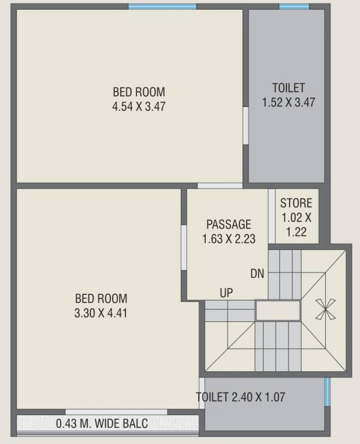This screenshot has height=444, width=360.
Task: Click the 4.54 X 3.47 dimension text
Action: point(139,106)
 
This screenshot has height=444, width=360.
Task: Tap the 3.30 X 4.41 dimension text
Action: point(101,314)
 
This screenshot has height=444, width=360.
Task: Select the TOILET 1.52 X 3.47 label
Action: point(288,95)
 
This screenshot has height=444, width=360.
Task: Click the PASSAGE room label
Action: point(229,224)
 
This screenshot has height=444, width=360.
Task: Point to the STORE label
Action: point(296,203)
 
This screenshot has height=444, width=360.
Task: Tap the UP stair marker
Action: point(226,293)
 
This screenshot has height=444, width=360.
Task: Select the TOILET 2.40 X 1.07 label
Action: point(240,397)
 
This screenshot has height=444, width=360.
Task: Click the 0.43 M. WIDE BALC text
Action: point(102,424)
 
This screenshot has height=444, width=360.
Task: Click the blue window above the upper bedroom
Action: point(162,6)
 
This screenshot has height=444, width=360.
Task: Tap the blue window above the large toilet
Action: point(294,6)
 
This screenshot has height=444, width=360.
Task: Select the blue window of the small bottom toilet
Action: point(326,391)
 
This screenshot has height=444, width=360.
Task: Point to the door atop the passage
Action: point(220,186)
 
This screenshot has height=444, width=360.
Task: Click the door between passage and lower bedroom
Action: point(184,247)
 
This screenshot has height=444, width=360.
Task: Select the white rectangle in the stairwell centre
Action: point(279,310)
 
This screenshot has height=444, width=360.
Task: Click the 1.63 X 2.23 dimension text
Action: point(229,238)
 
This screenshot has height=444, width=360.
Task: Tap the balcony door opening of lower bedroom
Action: point(116,412)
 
